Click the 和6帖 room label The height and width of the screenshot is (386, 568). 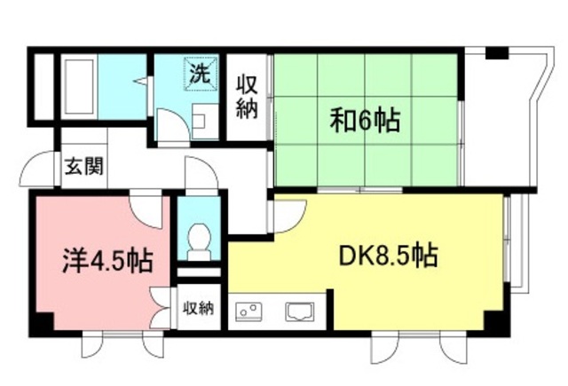365,121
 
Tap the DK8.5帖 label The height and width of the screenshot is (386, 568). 387,256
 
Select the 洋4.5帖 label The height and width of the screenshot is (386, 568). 107,262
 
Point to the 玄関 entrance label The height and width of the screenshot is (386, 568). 83,169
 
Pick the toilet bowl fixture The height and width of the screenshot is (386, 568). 200,238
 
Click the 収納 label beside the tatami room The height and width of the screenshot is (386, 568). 247,97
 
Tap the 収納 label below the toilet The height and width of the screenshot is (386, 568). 199,309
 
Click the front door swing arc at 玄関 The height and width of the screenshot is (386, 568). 35,169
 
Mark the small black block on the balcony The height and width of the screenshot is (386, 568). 497,53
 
